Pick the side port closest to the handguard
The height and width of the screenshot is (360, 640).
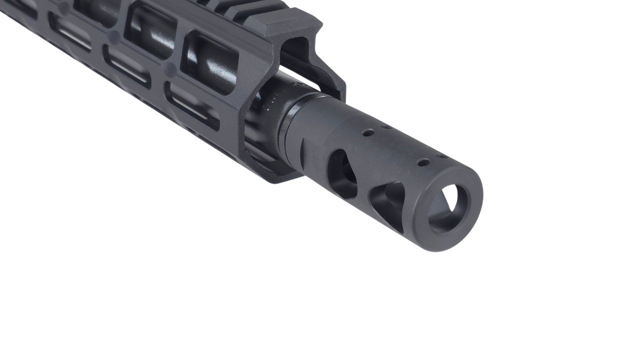(x=342, y=172)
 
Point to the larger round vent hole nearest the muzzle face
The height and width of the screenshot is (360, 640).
(x=423, y=162)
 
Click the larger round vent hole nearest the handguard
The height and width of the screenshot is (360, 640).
(x=368, y=133)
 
